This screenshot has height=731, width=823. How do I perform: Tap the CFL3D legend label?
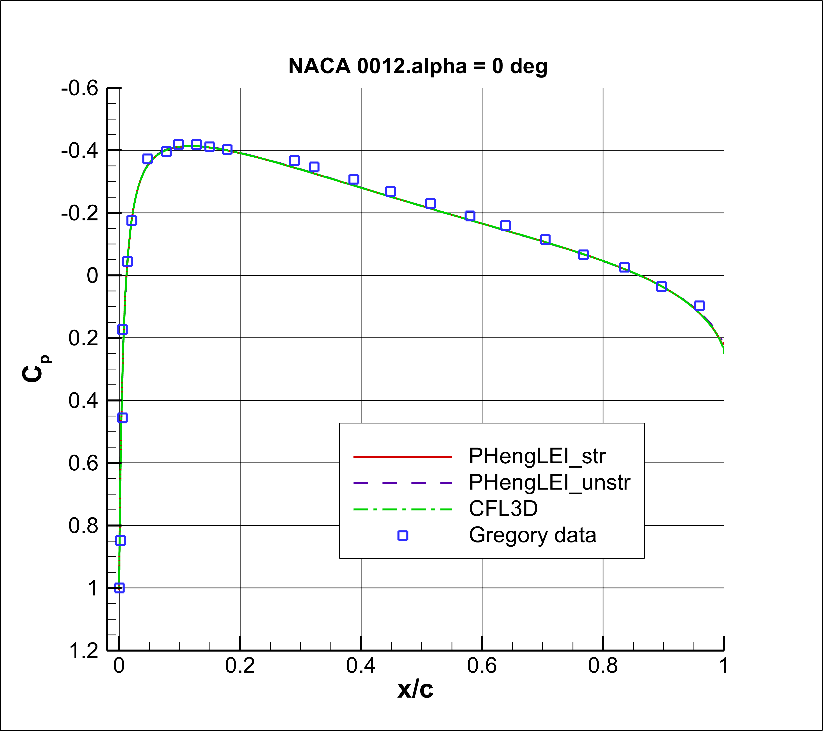pyautogui.click(x=503, y=509)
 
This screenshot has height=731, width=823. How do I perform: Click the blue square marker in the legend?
pyautogui.click(x=403, y=535)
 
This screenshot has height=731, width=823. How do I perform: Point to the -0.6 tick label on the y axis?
pyautogui.click(x=80, y=88)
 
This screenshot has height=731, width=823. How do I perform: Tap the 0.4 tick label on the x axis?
pyautogui.click(x=361, y=666)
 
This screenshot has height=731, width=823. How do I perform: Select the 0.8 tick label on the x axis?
pyautogui.click(x=603, y=666)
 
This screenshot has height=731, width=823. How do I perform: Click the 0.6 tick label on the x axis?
pyautogui.click(x=482, y=666)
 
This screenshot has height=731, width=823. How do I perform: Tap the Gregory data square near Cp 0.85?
pyautogui.click(x=120, y=540)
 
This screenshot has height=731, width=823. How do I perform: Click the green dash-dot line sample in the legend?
pyautogui.click(x=403, y=509)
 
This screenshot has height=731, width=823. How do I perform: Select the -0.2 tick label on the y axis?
pyautogui.click(x=80, y=213)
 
